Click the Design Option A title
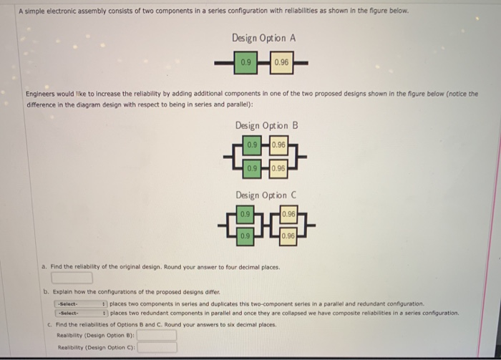[264, 37]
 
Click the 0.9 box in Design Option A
[247, 62]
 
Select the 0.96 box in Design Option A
[281, 62]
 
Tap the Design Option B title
[266, 125]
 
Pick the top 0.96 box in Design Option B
[278, 145]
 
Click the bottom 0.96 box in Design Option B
[278, 168]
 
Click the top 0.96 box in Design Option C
[288, 213]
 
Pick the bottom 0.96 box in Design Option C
[288, 235]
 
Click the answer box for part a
[71, 277]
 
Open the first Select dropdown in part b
[80, 303]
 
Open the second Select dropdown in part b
[80, 313]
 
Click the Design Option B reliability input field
[157, 334]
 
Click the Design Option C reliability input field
[157, 347]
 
